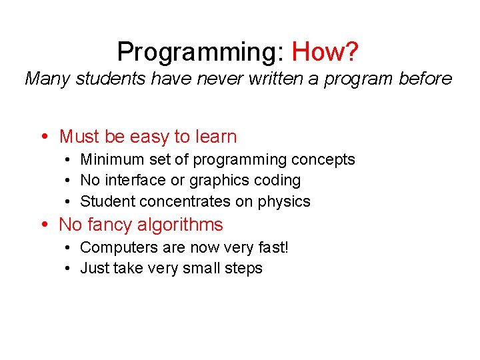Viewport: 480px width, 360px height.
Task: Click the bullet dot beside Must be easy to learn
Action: (44, 137)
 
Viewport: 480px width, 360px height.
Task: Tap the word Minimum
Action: (109, 159)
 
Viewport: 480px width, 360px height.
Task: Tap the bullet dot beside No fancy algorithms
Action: (44, 225)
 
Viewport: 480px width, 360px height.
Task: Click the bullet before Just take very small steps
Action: (69, 269)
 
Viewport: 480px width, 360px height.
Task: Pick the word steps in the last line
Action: (244, 269)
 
